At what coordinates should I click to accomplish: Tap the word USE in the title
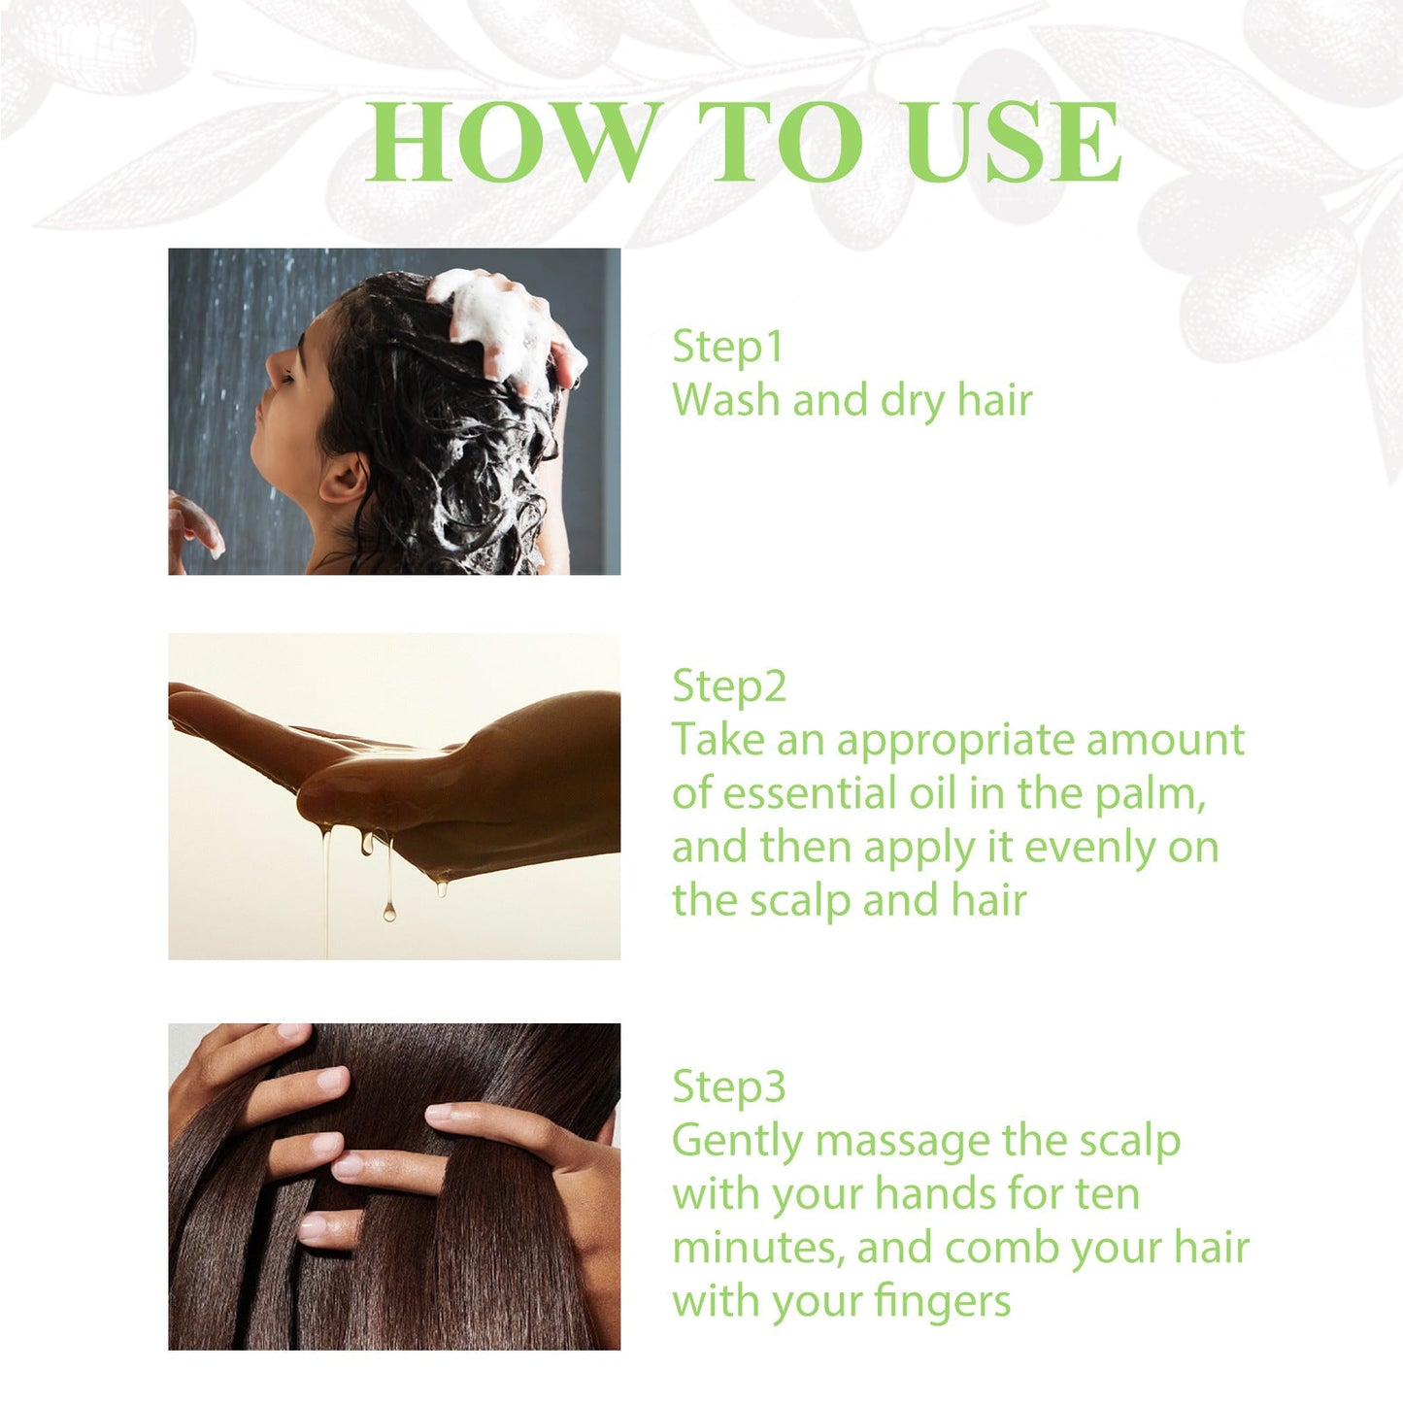click(1015, 143)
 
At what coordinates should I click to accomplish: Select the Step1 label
click(727, 348)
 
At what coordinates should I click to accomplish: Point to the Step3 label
click(728, 1086)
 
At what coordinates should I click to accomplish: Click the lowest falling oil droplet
click(388, 911)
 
